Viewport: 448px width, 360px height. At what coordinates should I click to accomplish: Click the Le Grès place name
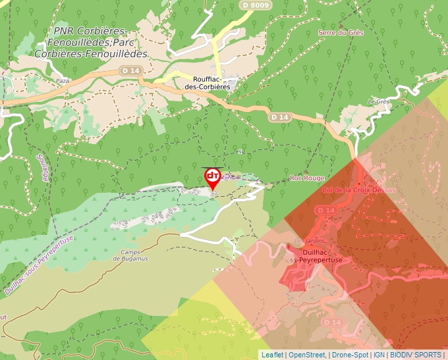click(x=379, y=101)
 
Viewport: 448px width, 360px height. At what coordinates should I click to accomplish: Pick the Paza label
click(x=63, y=80)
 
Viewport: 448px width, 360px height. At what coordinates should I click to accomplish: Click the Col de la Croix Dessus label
click(x=359, y=190)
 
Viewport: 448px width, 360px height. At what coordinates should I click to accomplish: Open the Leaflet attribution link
click(x=272, y=355)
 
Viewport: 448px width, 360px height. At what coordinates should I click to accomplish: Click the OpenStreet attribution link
click(x=307, y=355)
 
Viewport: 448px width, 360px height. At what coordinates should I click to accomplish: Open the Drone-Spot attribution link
click(x=350, y=355)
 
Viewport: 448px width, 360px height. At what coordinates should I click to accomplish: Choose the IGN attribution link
click(x=379, y=355)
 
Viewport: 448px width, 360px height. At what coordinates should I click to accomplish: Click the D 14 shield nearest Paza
click(x=130, y=70)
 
